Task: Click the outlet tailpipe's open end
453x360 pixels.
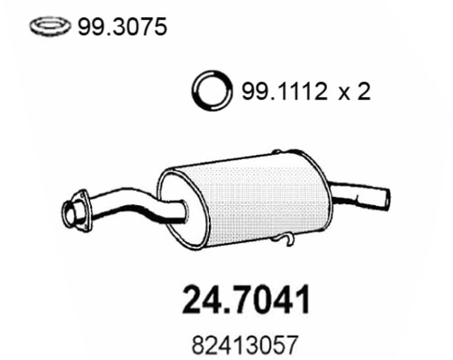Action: pyautogui.click(x=385, y=196)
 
